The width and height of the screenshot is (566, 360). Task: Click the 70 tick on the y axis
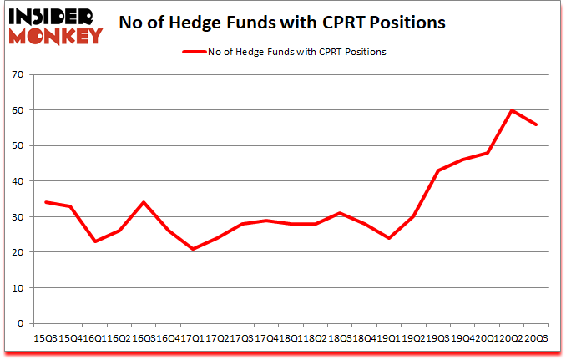(x=18, y=74)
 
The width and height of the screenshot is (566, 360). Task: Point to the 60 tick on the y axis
(x=18, y=110)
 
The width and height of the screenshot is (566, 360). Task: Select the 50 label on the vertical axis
(x=18, y=145)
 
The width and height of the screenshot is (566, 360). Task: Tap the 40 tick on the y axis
(x=18, y=181)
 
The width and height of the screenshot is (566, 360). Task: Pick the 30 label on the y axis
(x=18, y=216)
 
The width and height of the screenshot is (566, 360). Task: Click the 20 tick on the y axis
(x=18, y=252)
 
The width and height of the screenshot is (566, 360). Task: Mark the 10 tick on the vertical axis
(x=18, y=287)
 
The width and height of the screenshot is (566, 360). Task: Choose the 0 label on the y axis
(x=21, y=323)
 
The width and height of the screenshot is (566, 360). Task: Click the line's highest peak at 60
(x=512, y=110)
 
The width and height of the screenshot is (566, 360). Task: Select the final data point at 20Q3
(x=537, y=124)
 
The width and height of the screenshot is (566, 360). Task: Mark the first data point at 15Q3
(x=45, y=202)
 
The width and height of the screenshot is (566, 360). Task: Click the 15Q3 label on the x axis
(x=43, y=338)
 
